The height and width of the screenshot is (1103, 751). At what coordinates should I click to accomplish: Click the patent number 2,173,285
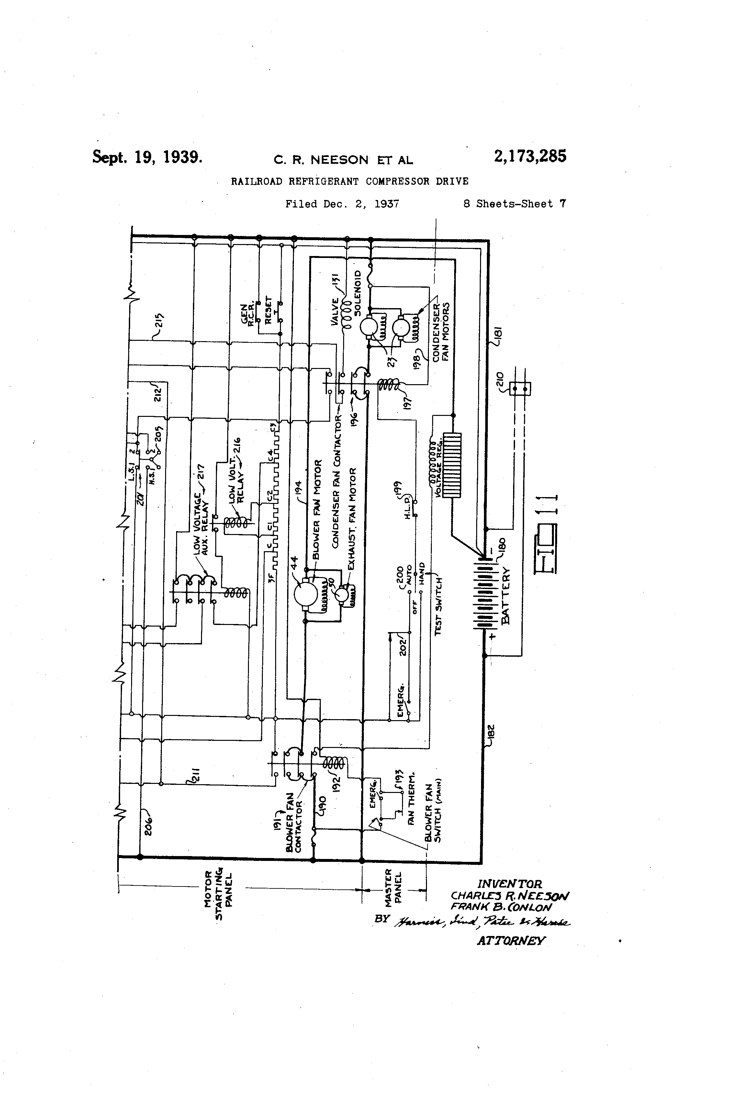click(x=530, y=156)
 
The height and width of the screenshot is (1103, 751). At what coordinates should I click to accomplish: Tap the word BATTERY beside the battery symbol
click(x=506, y=595)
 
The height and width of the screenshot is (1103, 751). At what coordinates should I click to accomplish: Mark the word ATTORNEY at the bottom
click(x=511, y=940)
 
